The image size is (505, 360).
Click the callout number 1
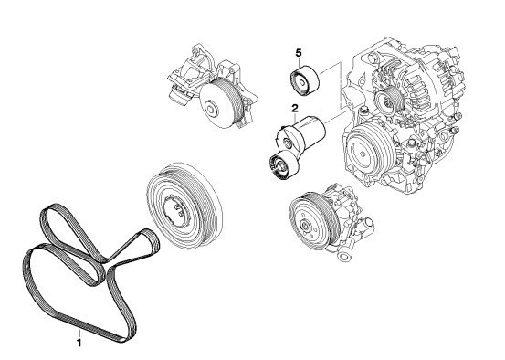click(x=79, y=344)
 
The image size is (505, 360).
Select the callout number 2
click(x=295, y=109)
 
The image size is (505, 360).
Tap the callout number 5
click(x=299, y=53)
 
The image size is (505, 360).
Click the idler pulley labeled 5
click(x=305, y=81)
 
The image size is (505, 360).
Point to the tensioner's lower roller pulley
click(x=283, y=166)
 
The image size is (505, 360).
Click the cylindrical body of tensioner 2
click(x=310, y=132)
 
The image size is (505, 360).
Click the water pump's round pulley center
click(x=211, y=109)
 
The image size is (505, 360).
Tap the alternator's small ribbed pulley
click(x=389, y=100)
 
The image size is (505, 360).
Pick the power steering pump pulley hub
click(x=305, y=226)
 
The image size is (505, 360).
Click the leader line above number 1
click(x=79, y=334)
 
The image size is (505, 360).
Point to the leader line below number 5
click(x=299, y=62)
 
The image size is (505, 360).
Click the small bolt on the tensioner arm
click(x=287, y=142)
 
